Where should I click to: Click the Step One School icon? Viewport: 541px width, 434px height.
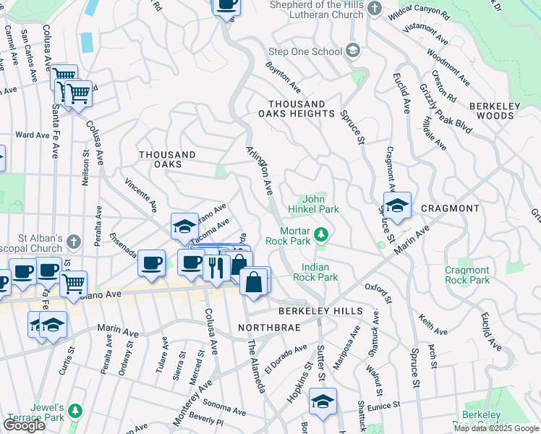point(352,51)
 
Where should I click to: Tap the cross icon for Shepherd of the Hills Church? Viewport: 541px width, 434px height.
point(374,8)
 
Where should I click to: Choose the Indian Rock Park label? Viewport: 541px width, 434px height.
point(319,272)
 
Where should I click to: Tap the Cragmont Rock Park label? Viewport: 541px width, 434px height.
point(467,275)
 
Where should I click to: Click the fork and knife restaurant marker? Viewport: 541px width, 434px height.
point(216,267)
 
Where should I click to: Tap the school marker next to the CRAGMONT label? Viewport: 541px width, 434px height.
point(397,207)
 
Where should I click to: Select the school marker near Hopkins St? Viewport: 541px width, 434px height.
point(323,401)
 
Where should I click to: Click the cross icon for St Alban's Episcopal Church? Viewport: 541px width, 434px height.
point(72,241)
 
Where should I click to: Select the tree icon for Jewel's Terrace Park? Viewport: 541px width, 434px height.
point(75,411)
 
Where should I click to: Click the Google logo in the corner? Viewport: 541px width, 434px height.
point(24,425)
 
